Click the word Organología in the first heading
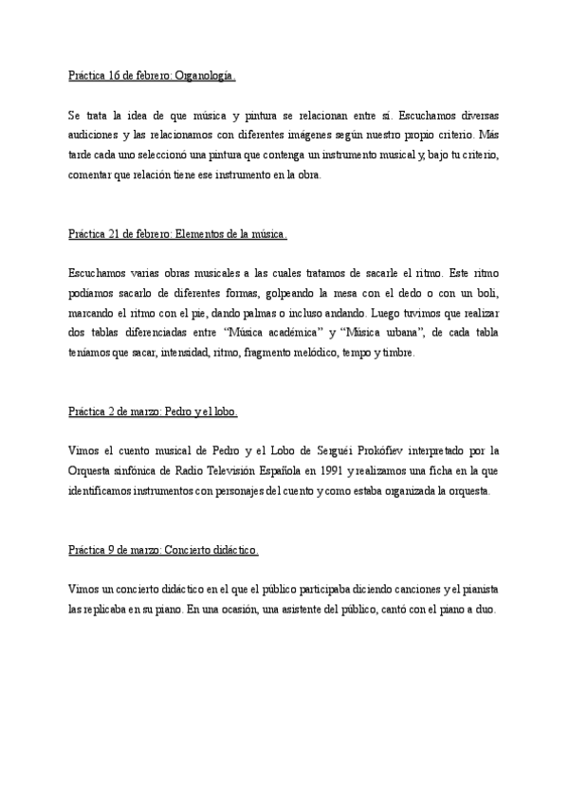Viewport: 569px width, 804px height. tap(204, 74)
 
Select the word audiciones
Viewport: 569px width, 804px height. tap(94, 134)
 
